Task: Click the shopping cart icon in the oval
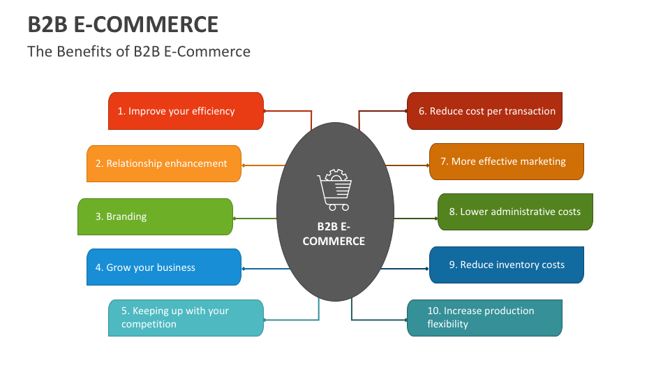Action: coord(334,190)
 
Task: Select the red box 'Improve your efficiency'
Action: coord(186,111)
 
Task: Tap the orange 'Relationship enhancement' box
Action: coord(163,163)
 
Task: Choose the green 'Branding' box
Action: coord(154,216)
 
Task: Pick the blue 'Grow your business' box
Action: coord(163,267)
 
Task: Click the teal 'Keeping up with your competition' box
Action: coord(186,318)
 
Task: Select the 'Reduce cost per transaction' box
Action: coord(484,111)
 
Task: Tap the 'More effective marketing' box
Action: coord(506,161)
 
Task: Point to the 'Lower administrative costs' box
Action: coord(515,212)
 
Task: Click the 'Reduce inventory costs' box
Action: coord(506,265)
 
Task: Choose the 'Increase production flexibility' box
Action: coord(484,318)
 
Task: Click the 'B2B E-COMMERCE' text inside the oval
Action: coord(334,234)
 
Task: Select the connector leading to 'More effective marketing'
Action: coord(408,165)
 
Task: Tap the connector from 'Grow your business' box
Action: coord(265,269)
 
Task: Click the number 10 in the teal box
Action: coord(433,311)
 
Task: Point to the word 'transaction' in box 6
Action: coord(530,111)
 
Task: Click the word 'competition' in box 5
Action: coord(149,325)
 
